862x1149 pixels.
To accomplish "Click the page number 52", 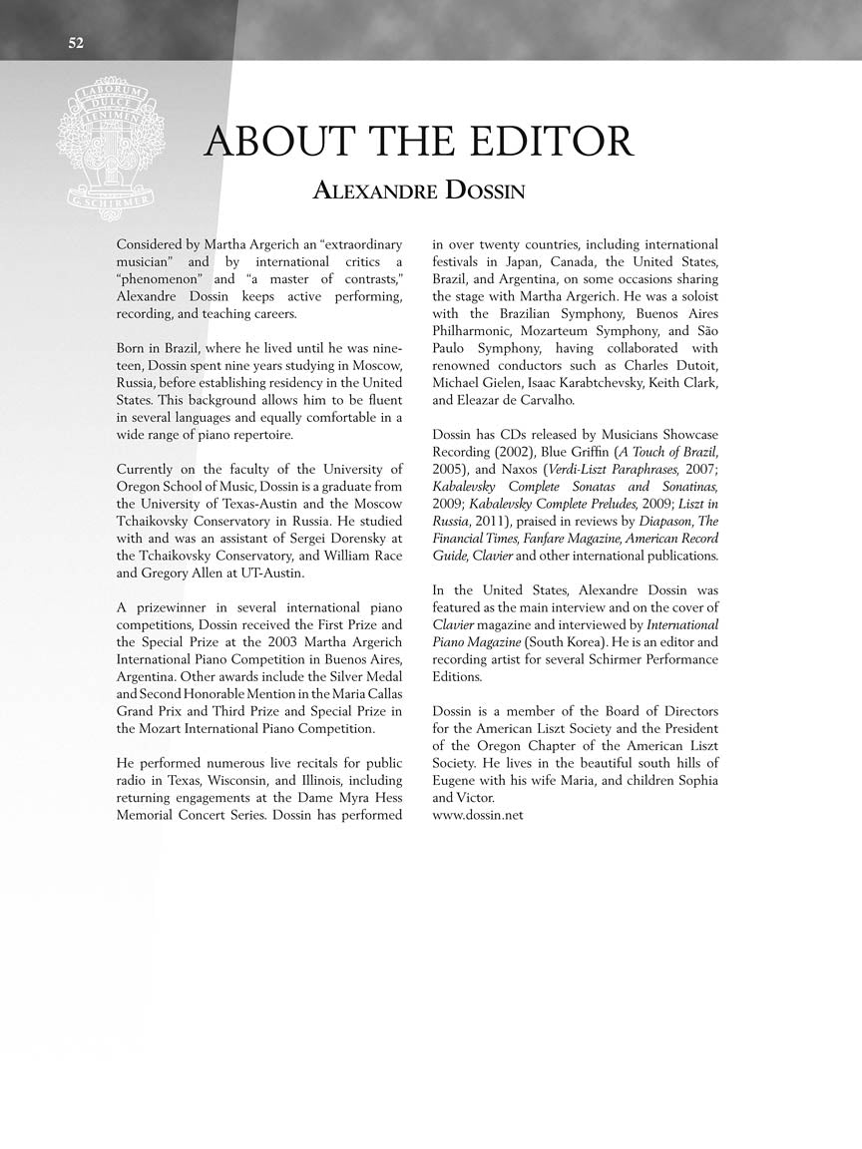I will pyautogui.click(x=77, y=42).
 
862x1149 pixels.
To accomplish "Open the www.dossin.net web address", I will pyautogui.click(x=478, y=815).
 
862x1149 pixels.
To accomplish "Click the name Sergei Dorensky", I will pyautogui.click(x=319, y=539).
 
